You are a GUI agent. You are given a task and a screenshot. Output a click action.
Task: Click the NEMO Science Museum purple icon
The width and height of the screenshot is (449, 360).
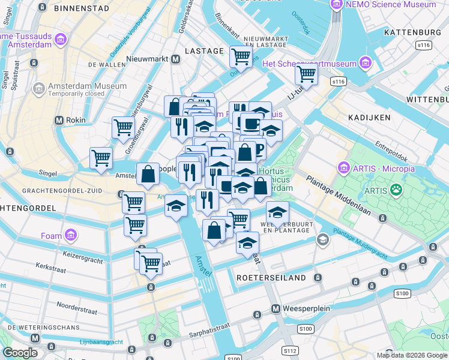tap(336, 5)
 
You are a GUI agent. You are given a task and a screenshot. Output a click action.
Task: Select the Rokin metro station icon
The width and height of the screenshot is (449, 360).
tap(59, 120)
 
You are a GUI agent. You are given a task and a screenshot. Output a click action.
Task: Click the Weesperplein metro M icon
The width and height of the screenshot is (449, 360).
tap(276, 309)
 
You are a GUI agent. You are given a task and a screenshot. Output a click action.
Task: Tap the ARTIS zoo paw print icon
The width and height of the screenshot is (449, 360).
tap(396, 191)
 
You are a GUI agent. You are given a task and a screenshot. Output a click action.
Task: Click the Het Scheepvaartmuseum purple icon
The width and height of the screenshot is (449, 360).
tap(364, 64)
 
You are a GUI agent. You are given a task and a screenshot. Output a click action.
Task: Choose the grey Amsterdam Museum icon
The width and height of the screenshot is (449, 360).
tap(39, 89)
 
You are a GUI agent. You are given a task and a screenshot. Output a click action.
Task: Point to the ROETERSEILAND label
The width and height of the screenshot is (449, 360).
tap(271, 278)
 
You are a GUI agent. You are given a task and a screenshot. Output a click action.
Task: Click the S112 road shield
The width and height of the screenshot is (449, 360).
tap(291, 350)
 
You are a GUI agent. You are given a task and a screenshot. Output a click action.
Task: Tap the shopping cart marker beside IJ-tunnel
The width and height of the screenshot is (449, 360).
tap(306, 75)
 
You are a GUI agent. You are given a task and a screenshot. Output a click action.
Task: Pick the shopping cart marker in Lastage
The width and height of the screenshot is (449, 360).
tap(241, 57)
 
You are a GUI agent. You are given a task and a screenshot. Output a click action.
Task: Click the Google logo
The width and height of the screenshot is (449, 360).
tap(20, 353)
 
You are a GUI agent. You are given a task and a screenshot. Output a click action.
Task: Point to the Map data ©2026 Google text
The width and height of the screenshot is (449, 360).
tap(411, 355)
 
